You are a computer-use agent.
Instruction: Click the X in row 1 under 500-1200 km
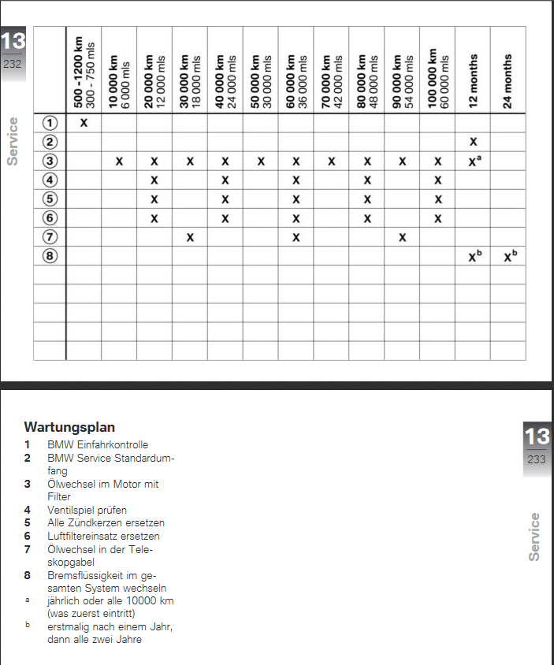click(x=84, y=124)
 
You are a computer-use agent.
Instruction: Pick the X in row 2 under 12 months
click(x=473, y=143)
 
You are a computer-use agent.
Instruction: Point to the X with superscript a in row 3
click(x=474, y=161)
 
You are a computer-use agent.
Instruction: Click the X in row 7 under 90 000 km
click(x=402, y=237)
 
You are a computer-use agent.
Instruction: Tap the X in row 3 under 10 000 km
click(x=119, y=162)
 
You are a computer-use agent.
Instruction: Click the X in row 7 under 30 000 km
click(x=190, y=237)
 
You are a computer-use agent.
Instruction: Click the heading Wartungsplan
click(x=69, y=427)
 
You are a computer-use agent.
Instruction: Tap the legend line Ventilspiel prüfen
click(x=87, y=510)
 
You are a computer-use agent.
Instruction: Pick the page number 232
click(x=13, y=64)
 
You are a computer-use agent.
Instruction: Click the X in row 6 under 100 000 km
click(x=437, y=218)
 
